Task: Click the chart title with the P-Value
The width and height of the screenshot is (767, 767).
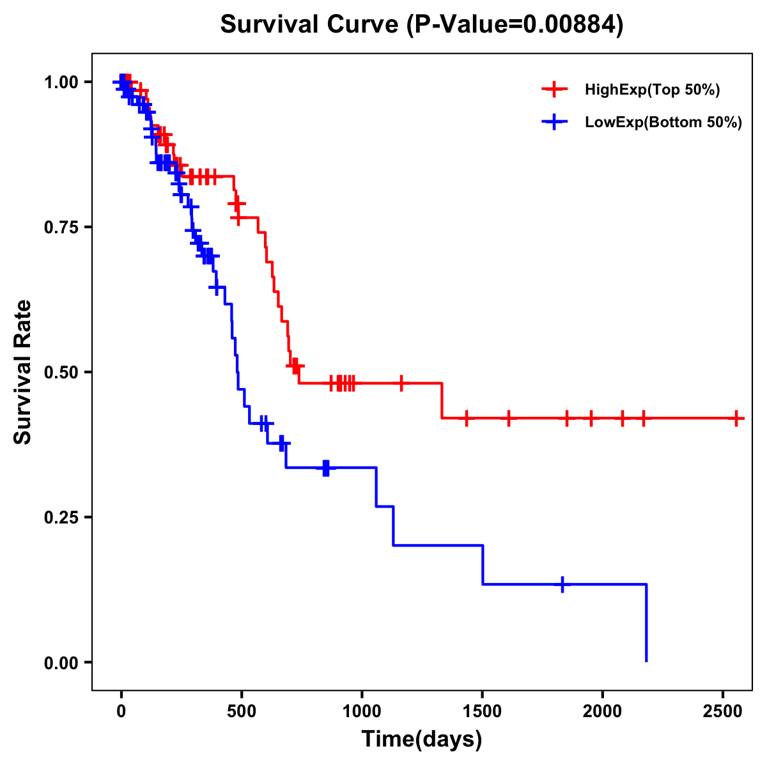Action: point(421,25)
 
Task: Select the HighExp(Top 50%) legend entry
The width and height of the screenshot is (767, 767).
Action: point(652,90)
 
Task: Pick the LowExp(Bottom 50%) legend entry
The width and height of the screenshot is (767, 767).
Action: point(663,122)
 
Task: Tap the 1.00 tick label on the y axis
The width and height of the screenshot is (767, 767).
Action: point(61,82)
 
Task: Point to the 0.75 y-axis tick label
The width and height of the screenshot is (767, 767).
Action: point(61,227)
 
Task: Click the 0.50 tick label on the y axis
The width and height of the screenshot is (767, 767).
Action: point(61,372)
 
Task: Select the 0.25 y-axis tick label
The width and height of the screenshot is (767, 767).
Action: point(61,517)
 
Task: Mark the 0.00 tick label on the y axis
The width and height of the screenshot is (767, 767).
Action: point(61,662)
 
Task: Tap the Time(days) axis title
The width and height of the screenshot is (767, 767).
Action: point(422,740)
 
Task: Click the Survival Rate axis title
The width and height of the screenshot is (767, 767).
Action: point(23,372)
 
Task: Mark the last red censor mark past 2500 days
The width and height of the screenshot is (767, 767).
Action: point(736,418)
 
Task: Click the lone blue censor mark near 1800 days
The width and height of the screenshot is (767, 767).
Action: point(562,584)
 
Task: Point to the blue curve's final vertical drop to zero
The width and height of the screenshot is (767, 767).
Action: point(646,623)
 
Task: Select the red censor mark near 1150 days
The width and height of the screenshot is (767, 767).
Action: point(401,383)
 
